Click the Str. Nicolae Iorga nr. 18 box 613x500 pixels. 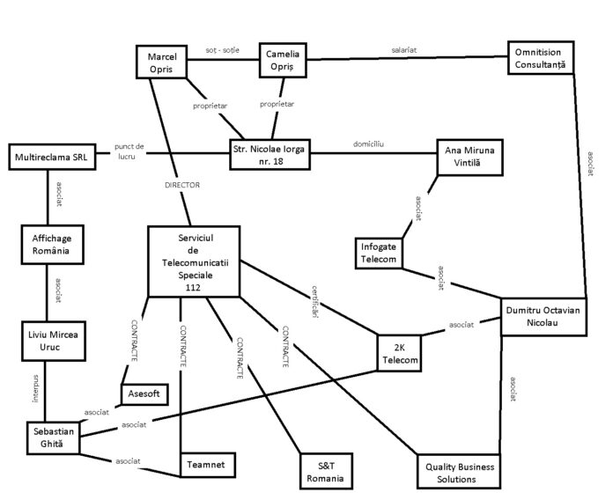[x=270, y=155]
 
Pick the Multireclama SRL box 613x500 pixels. [x=46, y=159]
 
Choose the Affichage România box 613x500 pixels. [x=46, y=244]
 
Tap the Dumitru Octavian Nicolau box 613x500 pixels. [x=543, y=317]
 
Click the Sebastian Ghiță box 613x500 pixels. [x=50, y=438]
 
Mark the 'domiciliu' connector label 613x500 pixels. [x=370, y=143]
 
